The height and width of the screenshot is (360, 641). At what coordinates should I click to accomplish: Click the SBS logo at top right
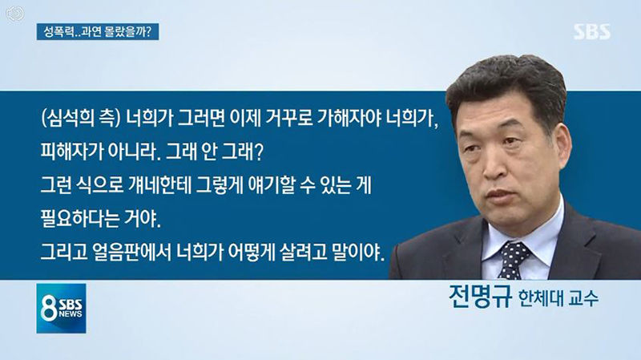[592, 32]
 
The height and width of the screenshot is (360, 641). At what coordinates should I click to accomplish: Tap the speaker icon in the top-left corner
[15, 14]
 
